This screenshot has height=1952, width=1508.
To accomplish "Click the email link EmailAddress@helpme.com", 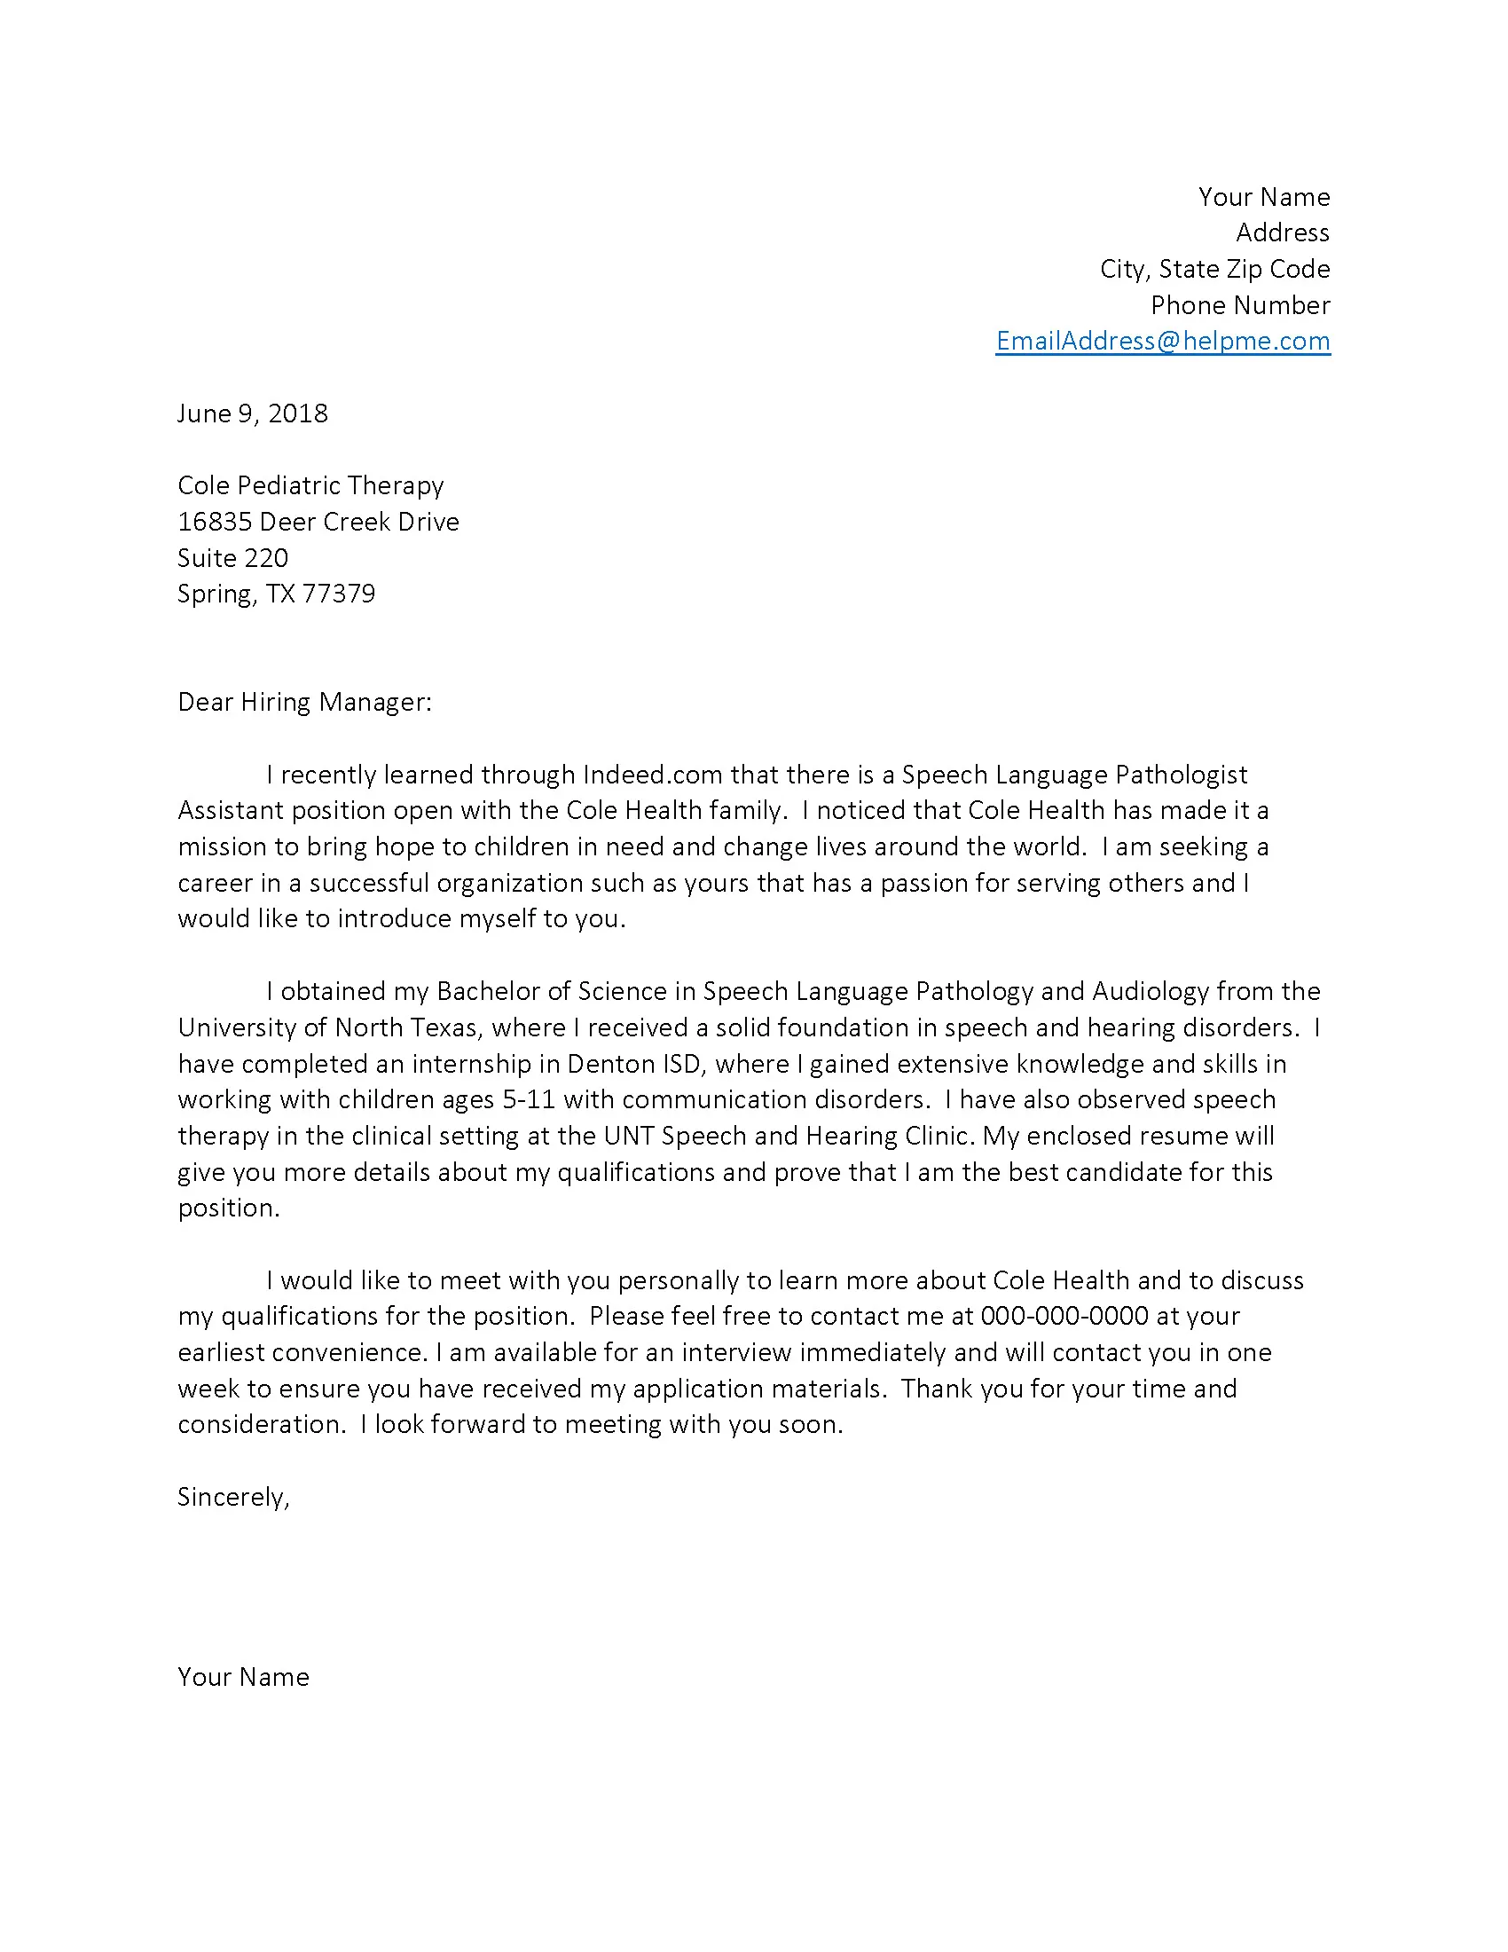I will [1162, 341].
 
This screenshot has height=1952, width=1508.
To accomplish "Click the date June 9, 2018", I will [252, 413].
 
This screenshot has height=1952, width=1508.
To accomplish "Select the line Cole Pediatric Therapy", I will [310, 485].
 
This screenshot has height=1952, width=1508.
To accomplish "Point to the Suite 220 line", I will [232, 558].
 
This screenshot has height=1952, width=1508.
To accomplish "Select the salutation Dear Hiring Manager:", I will [303, 702].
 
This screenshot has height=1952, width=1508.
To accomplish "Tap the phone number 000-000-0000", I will [1064, 1316].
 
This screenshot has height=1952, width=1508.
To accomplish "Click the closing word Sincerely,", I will [233, 1497].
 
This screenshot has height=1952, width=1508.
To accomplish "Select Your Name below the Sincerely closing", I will [243, 1677].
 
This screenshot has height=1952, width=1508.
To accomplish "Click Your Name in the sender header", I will [1263, 197].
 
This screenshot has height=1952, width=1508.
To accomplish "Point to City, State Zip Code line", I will [1214, 269].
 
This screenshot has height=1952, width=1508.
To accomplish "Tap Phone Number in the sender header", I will [1240, 306].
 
